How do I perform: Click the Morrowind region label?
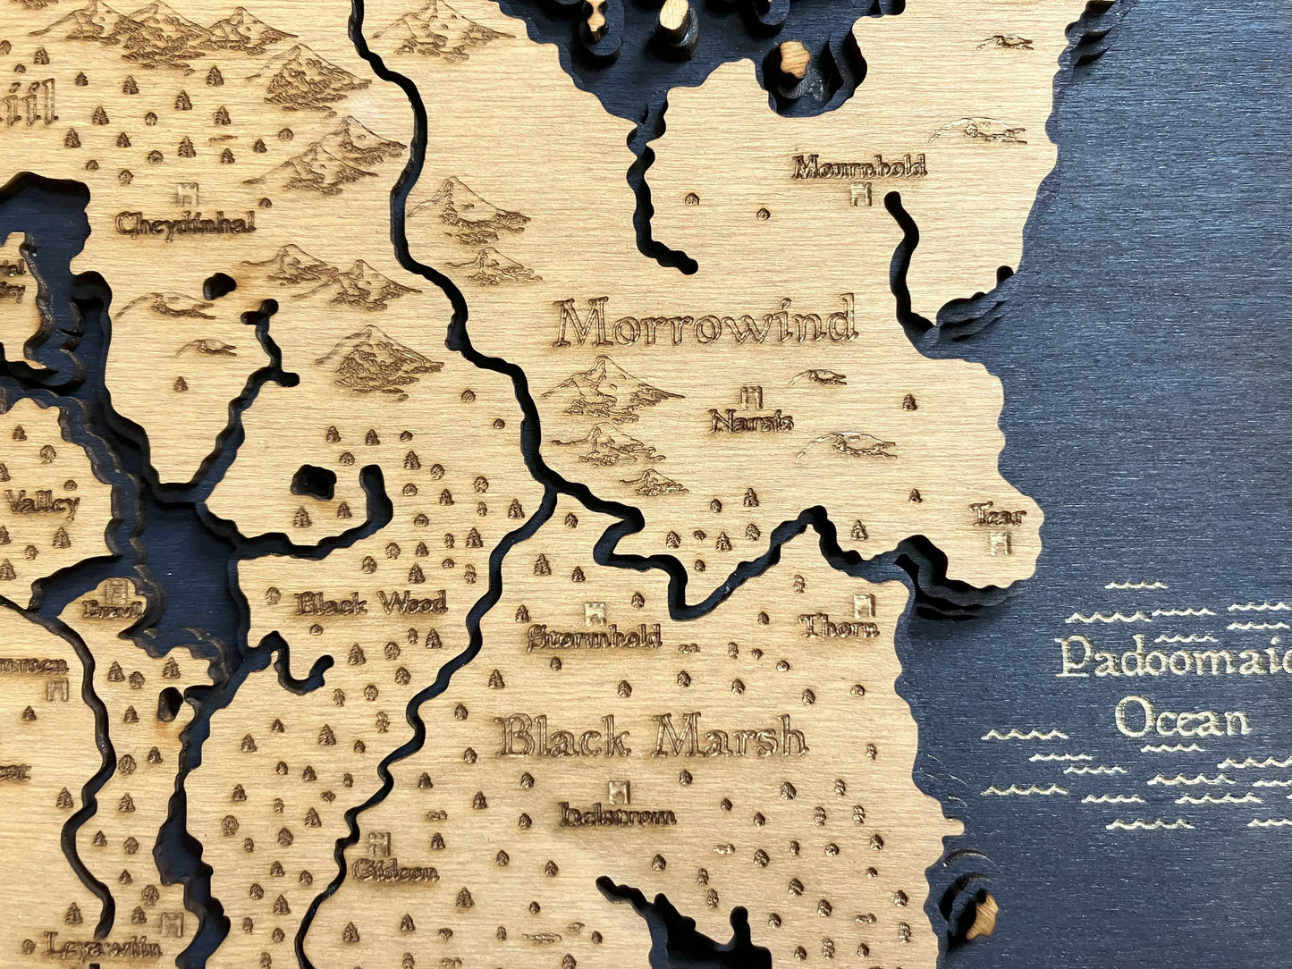point(705,323)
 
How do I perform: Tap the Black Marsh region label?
point(652,737)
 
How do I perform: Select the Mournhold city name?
point(858,167)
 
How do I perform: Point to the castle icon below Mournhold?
point(860,193)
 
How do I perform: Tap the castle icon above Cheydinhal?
point(187,193)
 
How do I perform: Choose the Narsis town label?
point(751,420)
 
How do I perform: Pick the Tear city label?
point(997,515)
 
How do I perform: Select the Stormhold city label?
point(593,637)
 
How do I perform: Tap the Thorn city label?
point(839,627)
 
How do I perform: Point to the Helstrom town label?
point(617,815)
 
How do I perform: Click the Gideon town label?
point(394,871)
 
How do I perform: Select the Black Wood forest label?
point(371,604)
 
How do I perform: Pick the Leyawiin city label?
point(102,947)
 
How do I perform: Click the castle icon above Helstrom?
point(616,791)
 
